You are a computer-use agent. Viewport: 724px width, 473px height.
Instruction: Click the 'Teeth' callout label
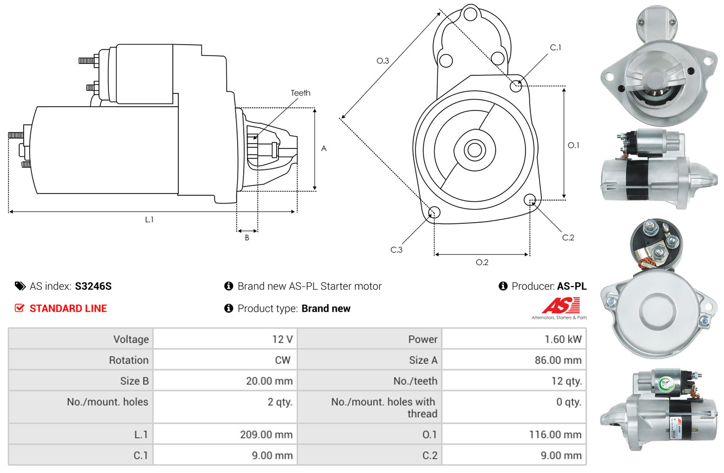click(x=300, y=93)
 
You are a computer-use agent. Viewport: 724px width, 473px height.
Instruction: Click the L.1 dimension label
click(x=149, y=219)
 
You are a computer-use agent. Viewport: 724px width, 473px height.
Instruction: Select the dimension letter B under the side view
click(x=247, y=238)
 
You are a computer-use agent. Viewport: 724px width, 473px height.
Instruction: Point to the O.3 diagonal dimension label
click(x=383, y=61)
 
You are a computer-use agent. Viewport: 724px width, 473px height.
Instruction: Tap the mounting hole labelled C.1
click(x=516, y=86)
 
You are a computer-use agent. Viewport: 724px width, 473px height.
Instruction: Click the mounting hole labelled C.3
click(x=434, y=213)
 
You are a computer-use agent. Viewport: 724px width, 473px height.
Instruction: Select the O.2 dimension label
click(x=482, y=262)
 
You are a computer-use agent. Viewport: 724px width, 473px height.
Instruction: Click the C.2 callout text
click(x=568, y=238)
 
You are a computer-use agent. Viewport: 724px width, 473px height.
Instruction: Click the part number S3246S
click(x=93, y=286)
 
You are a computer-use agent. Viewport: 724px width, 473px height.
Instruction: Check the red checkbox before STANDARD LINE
click(x=20, y=308)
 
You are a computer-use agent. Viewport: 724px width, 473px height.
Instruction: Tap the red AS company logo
click(x=561, y=306)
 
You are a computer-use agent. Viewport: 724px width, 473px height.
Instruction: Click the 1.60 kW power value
click(x=563, y=339)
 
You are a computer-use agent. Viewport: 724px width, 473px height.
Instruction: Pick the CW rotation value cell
click(x=284, y=360)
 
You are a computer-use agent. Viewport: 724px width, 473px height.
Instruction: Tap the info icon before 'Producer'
click(x=503, y=286)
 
